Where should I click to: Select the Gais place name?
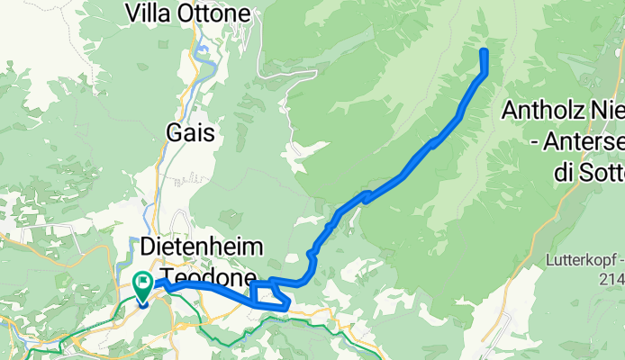click(x=191, y=133)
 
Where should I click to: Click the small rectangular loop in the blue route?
click(x=269, y=295)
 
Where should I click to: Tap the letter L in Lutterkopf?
click(x=549, y=262)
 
